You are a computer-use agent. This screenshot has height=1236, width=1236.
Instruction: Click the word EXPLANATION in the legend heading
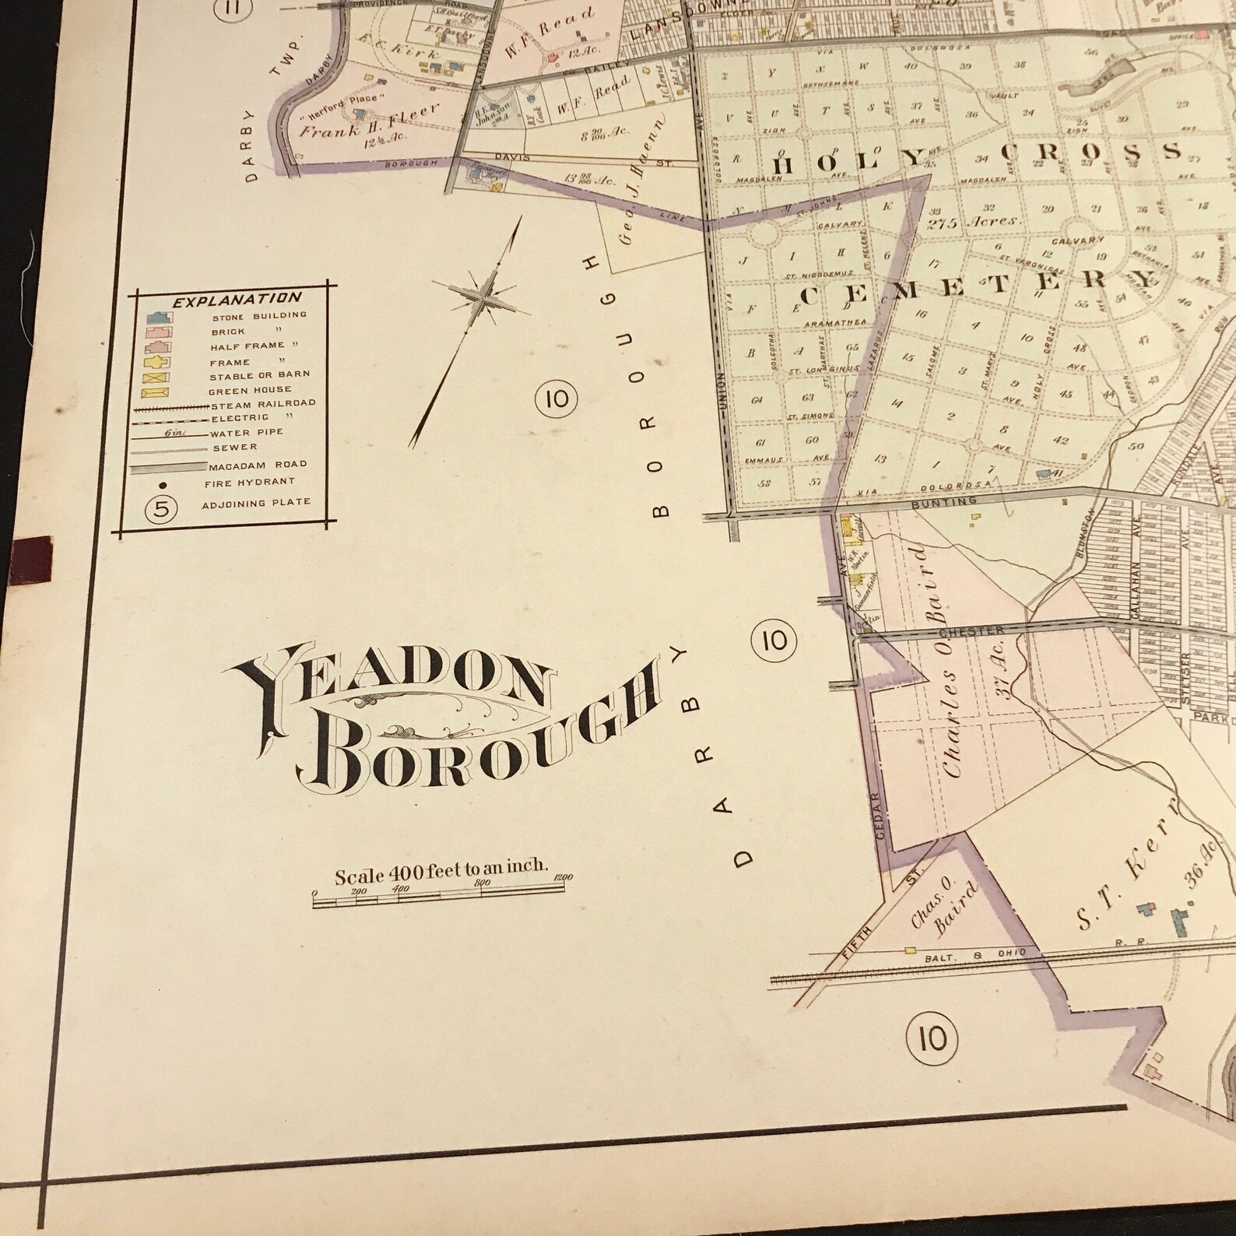237,298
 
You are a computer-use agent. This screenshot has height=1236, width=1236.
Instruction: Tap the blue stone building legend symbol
158,317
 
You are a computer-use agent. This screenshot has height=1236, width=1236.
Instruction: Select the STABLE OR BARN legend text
259,374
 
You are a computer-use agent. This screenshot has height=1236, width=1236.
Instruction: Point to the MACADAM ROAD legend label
258,464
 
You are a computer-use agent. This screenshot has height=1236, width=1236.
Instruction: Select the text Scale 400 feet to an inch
441,875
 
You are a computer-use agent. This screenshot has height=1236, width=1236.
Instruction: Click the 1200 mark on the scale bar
562,878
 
